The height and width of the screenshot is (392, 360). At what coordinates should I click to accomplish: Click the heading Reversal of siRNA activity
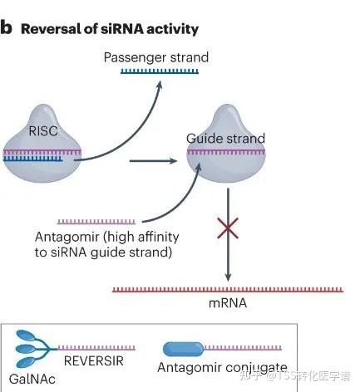click(109, 29)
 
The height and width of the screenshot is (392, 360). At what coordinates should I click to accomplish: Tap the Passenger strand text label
click(155, 57)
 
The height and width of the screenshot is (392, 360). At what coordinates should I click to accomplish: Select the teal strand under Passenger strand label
click(155, 71)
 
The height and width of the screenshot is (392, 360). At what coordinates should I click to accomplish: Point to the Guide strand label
click(225, 138)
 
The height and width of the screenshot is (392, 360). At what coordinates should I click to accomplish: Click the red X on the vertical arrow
click(228, 228)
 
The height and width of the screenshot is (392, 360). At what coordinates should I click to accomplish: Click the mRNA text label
click(227, 303)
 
